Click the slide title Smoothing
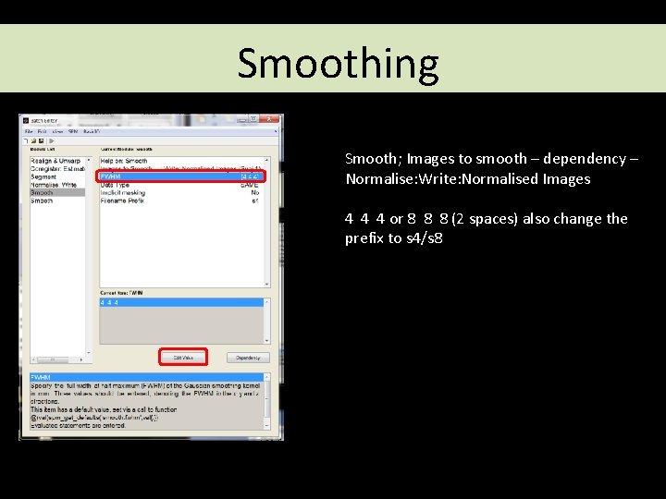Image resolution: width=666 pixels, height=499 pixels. pos(338,63)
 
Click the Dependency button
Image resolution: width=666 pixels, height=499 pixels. pos(247,357)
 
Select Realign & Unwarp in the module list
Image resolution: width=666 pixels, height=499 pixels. pos(55,161)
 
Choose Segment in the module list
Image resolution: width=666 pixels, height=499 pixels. pos(43,176)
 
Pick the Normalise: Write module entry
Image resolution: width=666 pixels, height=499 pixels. pos(54,185)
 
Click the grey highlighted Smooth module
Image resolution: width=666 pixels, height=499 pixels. pos(43,192)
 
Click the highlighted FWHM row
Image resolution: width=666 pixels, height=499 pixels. pos(180,176)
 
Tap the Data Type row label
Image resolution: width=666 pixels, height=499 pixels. pos(117,185)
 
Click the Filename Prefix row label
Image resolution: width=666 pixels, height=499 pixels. pos(123,201)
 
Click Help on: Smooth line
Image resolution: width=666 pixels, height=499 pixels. pos(124,161)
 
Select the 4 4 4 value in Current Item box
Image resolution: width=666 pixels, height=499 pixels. pos(110,303)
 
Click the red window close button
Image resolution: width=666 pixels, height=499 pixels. pos(269,119)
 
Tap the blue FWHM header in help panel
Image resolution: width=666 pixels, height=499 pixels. pos(41,378)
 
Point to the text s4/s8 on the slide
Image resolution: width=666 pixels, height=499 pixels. pos(425,238)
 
